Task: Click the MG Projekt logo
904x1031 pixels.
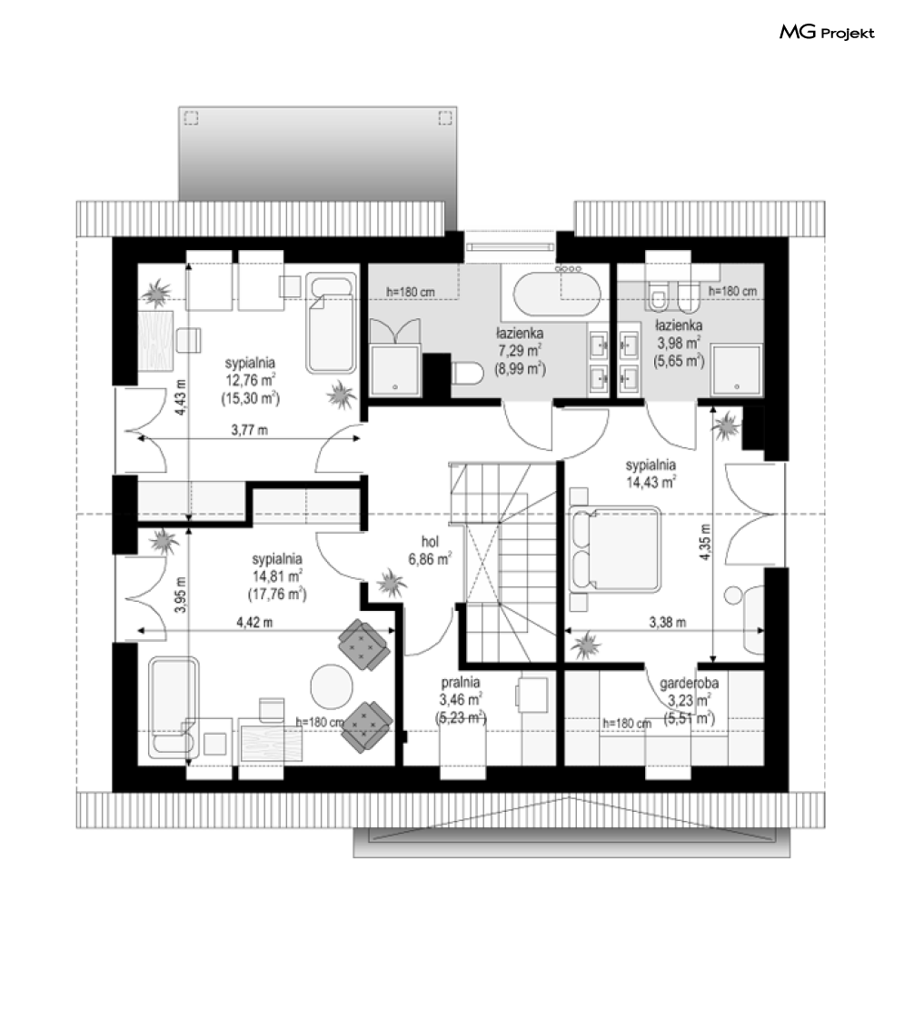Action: tap(827, 32)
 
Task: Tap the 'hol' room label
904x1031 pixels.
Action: tap(430, 542)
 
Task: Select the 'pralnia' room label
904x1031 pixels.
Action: tap(460, 683)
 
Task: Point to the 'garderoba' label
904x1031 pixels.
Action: tap(690, 683)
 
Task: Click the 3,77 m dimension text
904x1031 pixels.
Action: tap(250, 431)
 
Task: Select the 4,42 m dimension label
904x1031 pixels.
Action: tap(255, 622)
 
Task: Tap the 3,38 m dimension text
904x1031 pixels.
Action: tap(668, 622)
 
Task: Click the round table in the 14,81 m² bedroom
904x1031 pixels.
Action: tap(333, 686)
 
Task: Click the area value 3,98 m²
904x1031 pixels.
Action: tap(678, 343)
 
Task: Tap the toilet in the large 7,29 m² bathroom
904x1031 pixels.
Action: tap(467, 374)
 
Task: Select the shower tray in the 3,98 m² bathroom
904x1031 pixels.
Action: tap(737, 369)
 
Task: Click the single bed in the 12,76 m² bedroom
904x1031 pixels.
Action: tap(331, 325)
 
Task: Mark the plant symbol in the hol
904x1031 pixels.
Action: tap(391, 582)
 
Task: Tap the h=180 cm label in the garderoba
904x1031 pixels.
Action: tap(628, 724)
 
